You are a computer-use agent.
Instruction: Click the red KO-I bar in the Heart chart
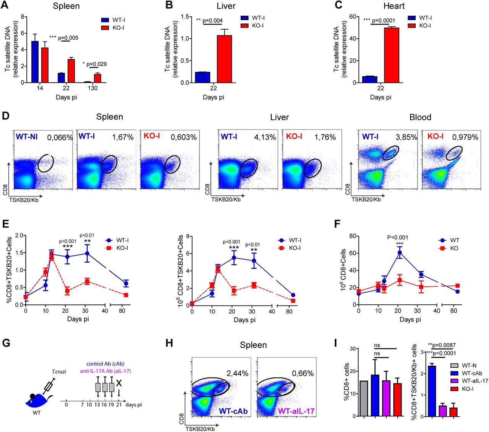coord(392,55)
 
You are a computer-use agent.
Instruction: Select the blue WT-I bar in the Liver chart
coord(202,77)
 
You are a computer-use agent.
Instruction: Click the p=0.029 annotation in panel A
coord(96,64)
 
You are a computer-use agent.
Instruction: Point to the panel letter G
coord(6,343)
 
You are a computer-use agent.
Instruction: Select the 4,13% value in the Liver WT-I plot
coord(265,137)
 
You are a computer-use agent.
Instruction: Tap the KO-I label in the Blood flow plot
coord(436,136)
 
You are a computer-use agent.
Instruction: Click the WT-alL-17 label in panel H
coord(296,411)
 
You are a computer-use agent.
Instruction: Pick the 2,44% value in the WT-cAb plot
coord(237,374)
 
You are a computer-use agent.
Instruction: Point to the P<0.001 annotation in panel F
coord(398,237)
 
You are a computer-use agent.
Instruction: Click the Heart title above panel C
coord(394,6)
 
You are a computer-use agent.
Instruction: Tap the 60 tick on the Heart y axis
coord(353,17)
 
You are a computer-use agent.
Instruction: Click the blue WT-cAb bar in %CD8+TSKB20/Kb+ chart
coord(432,391)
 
